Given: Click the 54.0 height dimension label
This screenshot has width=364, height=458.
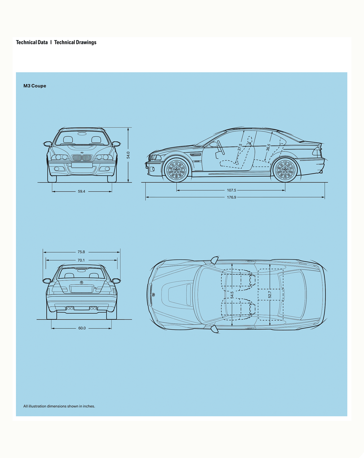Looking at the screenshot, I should click(x=128, y=155).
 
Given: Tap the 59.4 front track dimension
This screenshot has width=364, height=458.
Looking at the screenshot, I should click(x=81, y=191).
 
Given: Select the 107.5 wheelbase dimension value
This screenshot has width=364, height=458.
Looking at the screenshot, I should click(x=231, y=190).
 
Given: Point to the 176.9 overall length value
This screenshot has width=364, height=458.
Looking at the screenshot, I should click(x=231, y=197).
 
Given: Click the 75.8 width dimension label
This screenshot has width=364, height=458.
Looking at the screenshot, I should click(x=81, y=252).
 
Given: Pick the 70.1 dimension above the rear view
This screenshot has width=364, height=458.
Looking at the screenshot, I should click(x=81, y=260).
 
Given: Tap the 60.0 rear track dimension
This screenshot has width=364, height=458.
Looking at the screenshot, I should click(x=82, y=328).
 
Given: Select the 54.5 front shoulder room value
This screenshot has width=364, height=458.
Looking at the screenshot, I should click(x=232, y=295).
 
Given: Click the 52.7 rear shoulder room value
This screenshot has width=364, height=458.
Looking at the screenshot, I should click(x=270, y=295).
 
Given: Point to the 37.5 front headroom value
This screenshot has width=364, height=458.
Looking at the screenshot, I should click(x=240, y=147).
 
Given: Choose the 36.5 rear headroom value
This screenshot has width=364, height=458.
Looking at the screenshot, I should click(x=268, y=147).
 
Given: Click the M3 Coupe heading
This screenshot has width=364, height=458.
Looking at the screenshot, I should click(x=35, y=86).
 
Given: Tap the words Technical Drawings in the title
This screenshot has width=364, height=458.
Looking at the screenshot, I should click(x=75, y=42).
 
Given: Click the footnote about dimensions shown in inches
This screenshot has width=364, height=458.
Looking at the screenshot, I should click(x=59, y=406).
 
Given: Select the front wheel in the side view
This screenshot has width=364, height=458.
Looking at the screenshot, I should click(x=176, y=170).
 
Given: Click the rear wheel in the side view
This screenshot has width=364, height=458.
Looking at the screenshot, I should click(x=285, y=170).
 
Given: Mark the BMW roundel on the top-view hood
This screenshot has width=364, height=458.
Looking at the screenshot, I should click(x=153, y=295).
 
